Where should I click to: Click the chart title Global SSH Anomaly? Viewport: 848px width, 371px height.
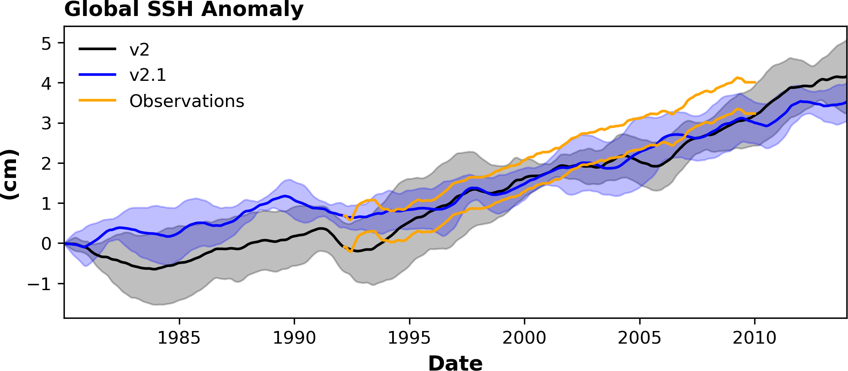[183, 9]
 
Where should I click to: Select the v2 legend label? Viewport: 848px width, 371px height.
[139, 50]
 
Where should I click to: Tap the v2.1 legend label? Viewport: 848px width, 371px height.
[148, 75]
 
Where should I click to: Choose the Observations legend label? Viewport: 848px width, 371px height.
[186, 101]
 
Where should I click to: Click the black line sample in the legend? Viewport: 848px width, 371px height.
[97, 49]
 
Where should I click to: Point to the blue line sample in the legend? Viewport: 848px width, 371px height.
[97, 75]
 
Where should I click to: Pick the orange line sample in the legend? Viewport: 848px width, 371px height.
[97, 100]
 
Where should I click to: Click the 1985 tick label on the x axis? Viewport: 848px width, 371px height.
[179, 338]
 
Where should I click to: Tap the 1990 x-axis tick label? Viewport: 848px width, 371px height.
[294, 338]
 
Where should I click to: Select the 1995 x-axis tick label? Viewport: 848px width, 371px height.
[409, 338]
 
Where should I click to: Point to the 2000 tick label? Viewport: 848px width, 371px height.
[524, 338]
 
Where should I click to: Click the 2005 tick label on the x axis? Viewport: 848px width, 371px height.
[639, 338]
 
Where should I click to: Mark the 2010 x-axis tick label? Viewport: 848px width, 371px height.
[755, 338]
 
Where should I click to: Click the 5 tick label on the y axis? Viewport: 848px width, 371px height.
[47, 43]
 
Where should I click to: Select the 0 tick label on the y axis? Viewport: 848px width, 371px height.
[47, 244]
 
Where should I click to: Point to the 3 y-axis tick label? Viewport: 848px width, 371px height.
[47, 123]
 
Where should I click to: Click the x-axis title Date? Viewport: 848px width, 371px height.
[455, 363]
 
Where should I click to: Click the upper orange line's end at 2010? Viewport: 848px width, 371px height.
[755, 82]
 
